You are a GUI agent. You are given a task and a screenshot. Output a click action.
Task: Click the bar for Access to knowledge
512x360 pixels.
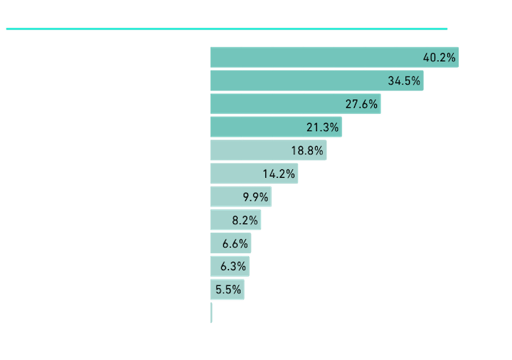334,56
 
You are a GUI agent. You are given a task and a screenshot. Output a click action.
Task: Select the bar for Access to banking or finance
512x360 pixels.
316,80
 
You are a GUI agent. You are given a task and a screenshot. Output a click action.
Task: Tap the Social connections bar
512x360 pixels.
277,127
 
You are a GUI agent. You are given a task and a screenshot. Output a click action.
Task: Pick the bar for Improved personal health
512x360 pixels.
241,196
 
